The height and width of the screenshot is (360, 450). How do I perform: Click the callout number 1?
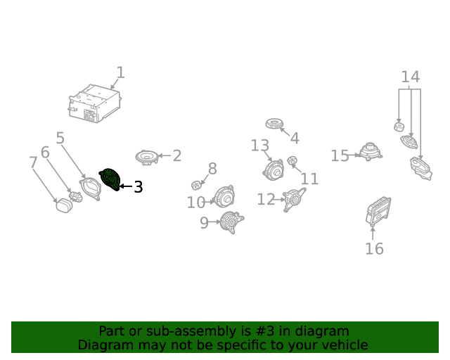[x=120, y=72]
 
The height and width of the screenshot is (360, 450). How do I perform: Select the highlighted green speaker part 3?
[x=110, y=179]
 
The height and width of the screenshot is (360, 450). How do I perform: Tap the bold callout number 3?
[x=139, y=187]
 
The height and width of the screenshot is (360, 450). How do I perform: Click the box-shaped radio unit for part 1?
[x=95, y=103]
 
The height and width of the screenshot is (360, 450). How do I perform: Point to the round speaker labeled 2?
[x=147, y=157]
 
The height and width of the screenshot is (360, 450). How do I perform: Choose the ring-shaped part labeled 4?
[x=274, y=124]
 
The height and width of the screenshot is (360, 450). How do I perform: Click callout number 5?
[x=60, y=138]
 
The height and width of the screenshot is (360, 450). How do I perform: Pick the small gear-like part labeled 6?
[x=76, y=197]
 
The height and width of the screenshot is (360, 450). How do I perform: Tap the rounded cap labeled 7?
[x=64, y=205]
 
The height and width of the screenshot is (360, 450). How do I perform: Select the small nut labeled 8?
[x=196, y=185]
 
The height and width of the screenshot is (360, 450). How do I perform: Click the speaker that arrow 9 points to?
[x=231, y=222]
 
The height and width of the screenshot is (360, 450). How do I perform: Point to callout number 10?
[x=196, y=202]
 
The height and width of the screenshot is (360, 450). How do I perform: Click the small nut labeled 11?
[x=292, y=160]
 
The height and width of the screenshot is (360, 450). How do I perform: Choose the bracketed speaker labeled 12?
[x=295, y=200]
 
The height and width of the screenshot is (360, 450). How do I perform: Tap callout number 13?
[x=260, y=146]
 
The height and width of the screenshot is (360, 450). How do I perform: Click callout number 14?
[x=411, y=77]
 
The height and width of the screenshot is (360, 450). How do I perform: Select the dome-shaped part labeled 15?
[x=371, y=152]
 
